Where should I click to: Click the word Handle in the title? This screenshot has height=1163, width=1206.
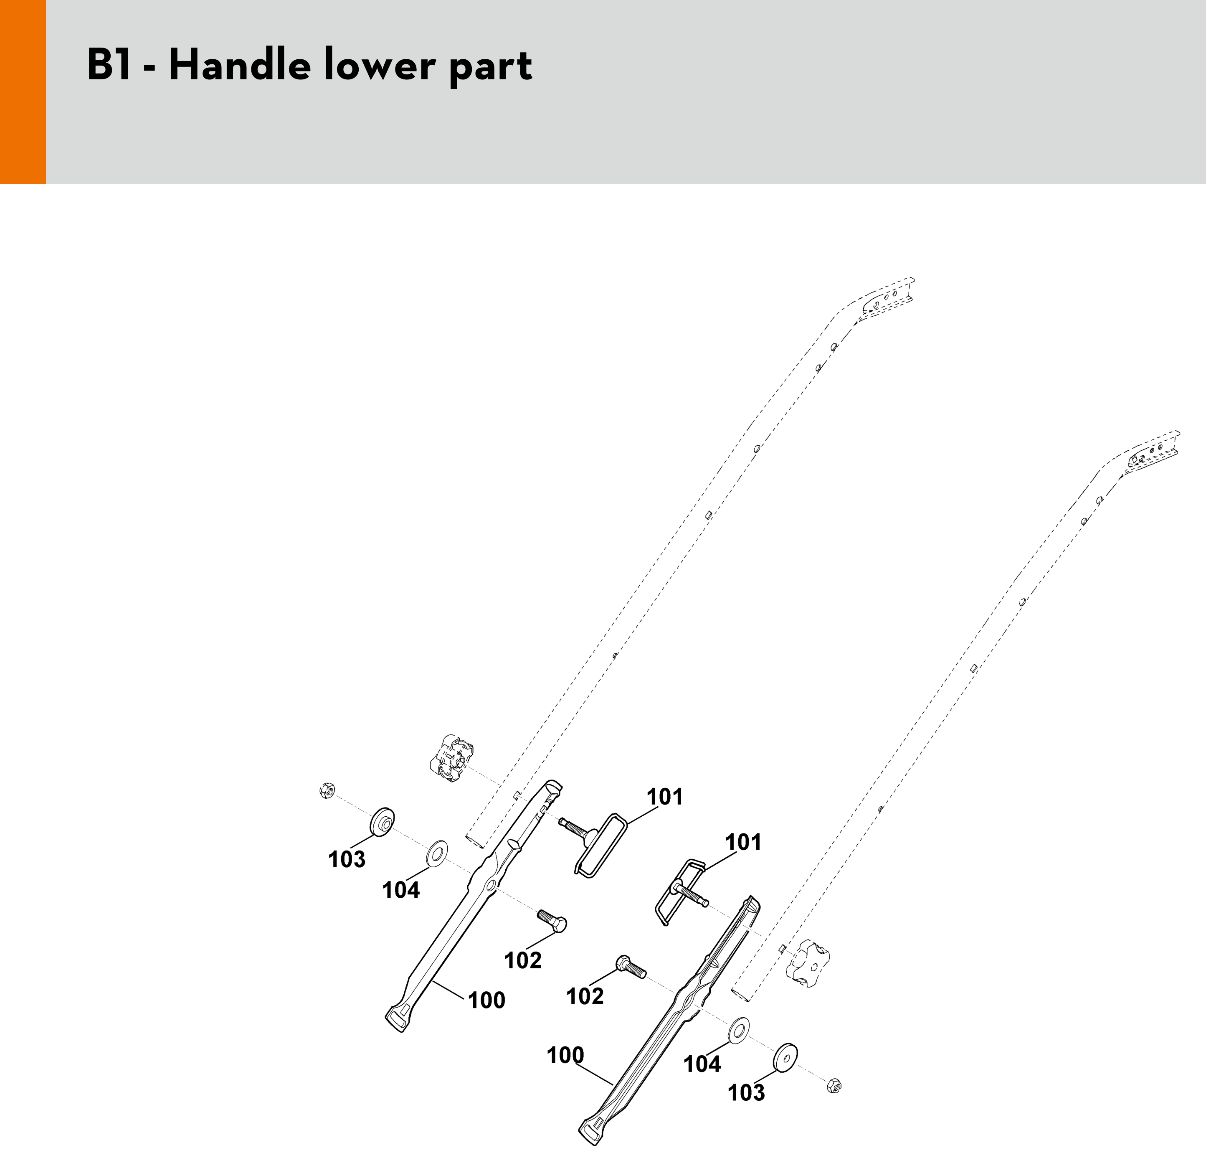[x=239, y=65]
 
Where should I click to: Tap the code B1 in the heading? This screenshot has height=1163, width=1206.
[x=109, y=65]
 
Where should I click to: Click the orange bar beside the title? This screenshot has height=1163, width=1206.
[x=23, y=92]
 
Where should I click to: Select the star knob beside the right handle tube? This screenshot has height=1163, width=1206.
[x=808, y=964]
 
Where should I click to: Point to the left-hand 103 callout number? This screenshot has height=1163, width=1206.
[x=347, y=859]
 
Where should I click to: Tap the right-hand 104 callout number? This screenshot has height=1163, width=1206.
[x=702, y=1063]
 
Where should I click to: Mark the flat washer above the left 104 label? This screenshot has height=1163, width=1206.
[x=437, y=852]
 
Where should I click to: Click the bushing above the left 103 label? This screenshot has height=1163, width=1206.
[x=382, y=821]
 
